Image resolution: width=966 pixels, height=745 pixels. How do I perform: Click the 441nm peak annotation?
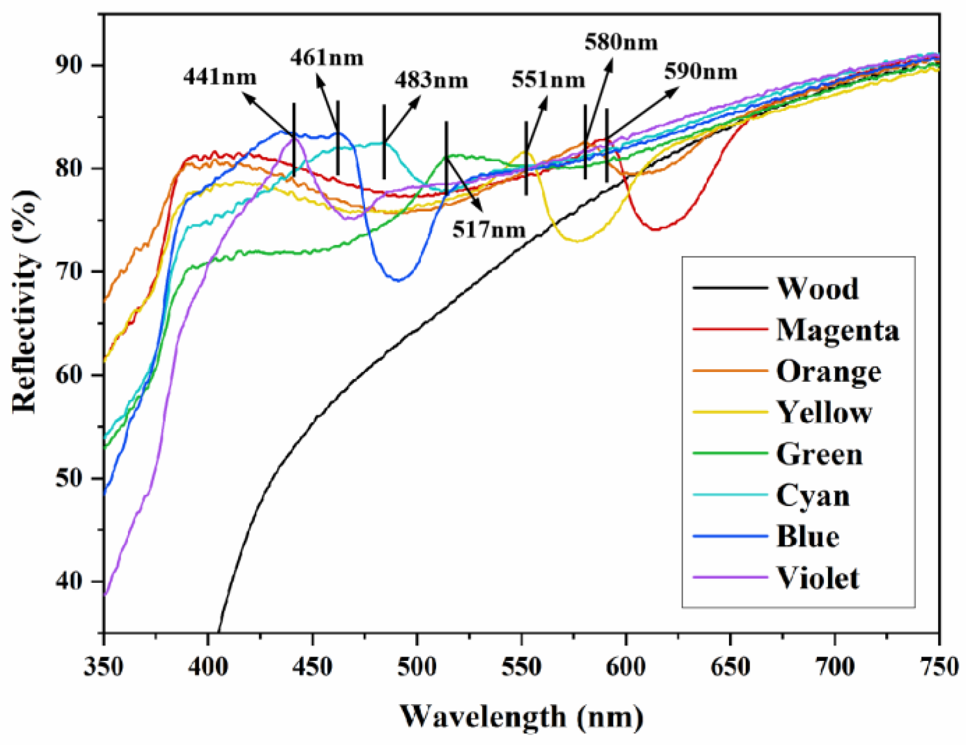(x=220, y=77)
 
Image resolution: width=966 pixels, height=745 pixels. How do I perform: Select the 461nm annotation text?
(x=326, y=58)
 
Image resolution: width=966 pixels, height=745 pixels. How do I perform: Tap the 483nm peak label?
(x=431, y=80)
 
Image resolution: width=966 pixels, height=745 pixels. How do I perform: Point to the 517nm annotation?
(x=489, y=229)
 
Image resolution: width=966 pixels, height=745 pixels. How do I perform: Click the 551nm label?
(x=548, y=79)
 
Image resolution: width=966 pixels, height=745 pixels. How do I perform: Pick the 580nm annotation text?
(x=621, y=42)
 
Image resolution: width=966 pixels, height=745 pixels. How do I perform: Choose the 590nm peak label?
(x=700, y=72)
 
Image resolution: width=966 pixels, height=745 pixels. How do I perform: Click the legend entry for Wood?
(x=817, y=288)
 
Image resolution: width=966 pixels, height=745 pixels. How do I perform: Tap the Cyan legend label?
(x=813, y=496)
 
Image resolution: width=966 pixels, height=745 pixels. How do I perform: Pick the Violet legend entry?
(x=818, y=578)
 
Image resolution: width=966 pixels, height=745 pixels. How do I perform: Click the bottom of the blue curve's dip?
(x=398, y=280)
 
